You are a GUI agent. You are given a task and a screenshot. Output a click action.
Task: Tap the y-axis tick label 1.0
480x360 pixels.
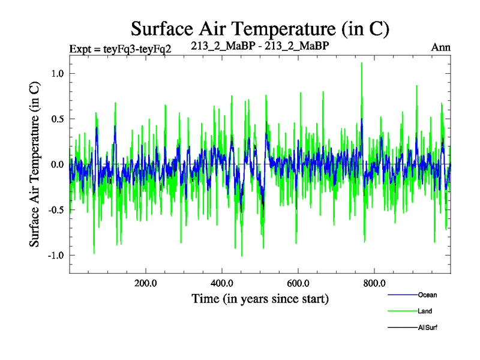point(56,73)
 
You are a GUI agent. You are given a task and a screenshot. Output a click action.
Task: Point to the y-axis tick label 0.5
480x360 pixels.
point(56,119)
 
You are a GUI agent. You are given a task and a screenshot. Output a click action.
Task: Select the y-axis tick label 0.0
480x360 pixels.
point(56,164)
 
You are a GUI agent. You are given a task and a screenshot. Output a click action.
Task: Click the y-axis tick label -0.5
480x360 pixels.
point(55,210)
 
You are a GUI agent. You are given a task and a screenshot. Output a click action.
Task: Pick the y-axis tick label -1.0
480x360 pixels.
point(55,256)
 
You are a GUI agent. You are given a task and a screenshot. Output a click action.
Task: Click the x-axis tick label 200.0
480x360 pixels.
point(146,283)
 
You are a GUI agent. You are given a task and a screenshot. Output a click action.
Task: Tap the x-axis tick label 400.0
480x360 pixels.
point(222,283)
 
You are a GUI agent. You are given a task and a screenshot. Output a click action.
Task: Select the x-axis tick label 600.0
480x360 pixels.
point(298,283)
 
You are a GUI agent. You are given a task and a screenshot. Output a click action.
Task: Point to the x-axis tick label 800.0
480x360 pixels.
point(374,283)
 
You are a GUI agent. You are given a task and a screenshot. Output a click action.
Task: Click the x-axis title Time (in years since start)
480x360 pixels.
point(260,298)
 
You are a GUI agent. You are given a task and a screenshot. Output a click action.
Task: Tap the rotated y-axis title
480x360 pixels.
point(35,164)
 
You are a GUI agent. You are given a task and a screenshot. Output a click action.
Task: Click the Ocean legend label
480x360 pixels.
point(427,295)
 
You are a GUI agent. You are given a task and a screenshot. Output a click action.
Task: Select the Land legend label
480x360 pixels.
point(425,311)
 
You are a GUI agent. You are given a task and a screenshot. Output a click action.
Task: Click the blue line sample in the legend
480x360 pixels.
point(402,295)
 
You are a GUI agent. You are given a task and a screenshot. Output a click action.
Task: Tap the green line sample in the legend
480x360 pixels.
point(402,311)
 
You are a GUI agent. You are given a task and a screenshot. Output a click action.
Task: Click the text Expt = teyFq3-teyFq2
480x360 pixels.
point(121,49)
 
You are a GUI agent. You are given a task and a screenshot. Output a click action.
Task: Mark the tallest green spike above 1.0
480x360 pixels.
point(361,64)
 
